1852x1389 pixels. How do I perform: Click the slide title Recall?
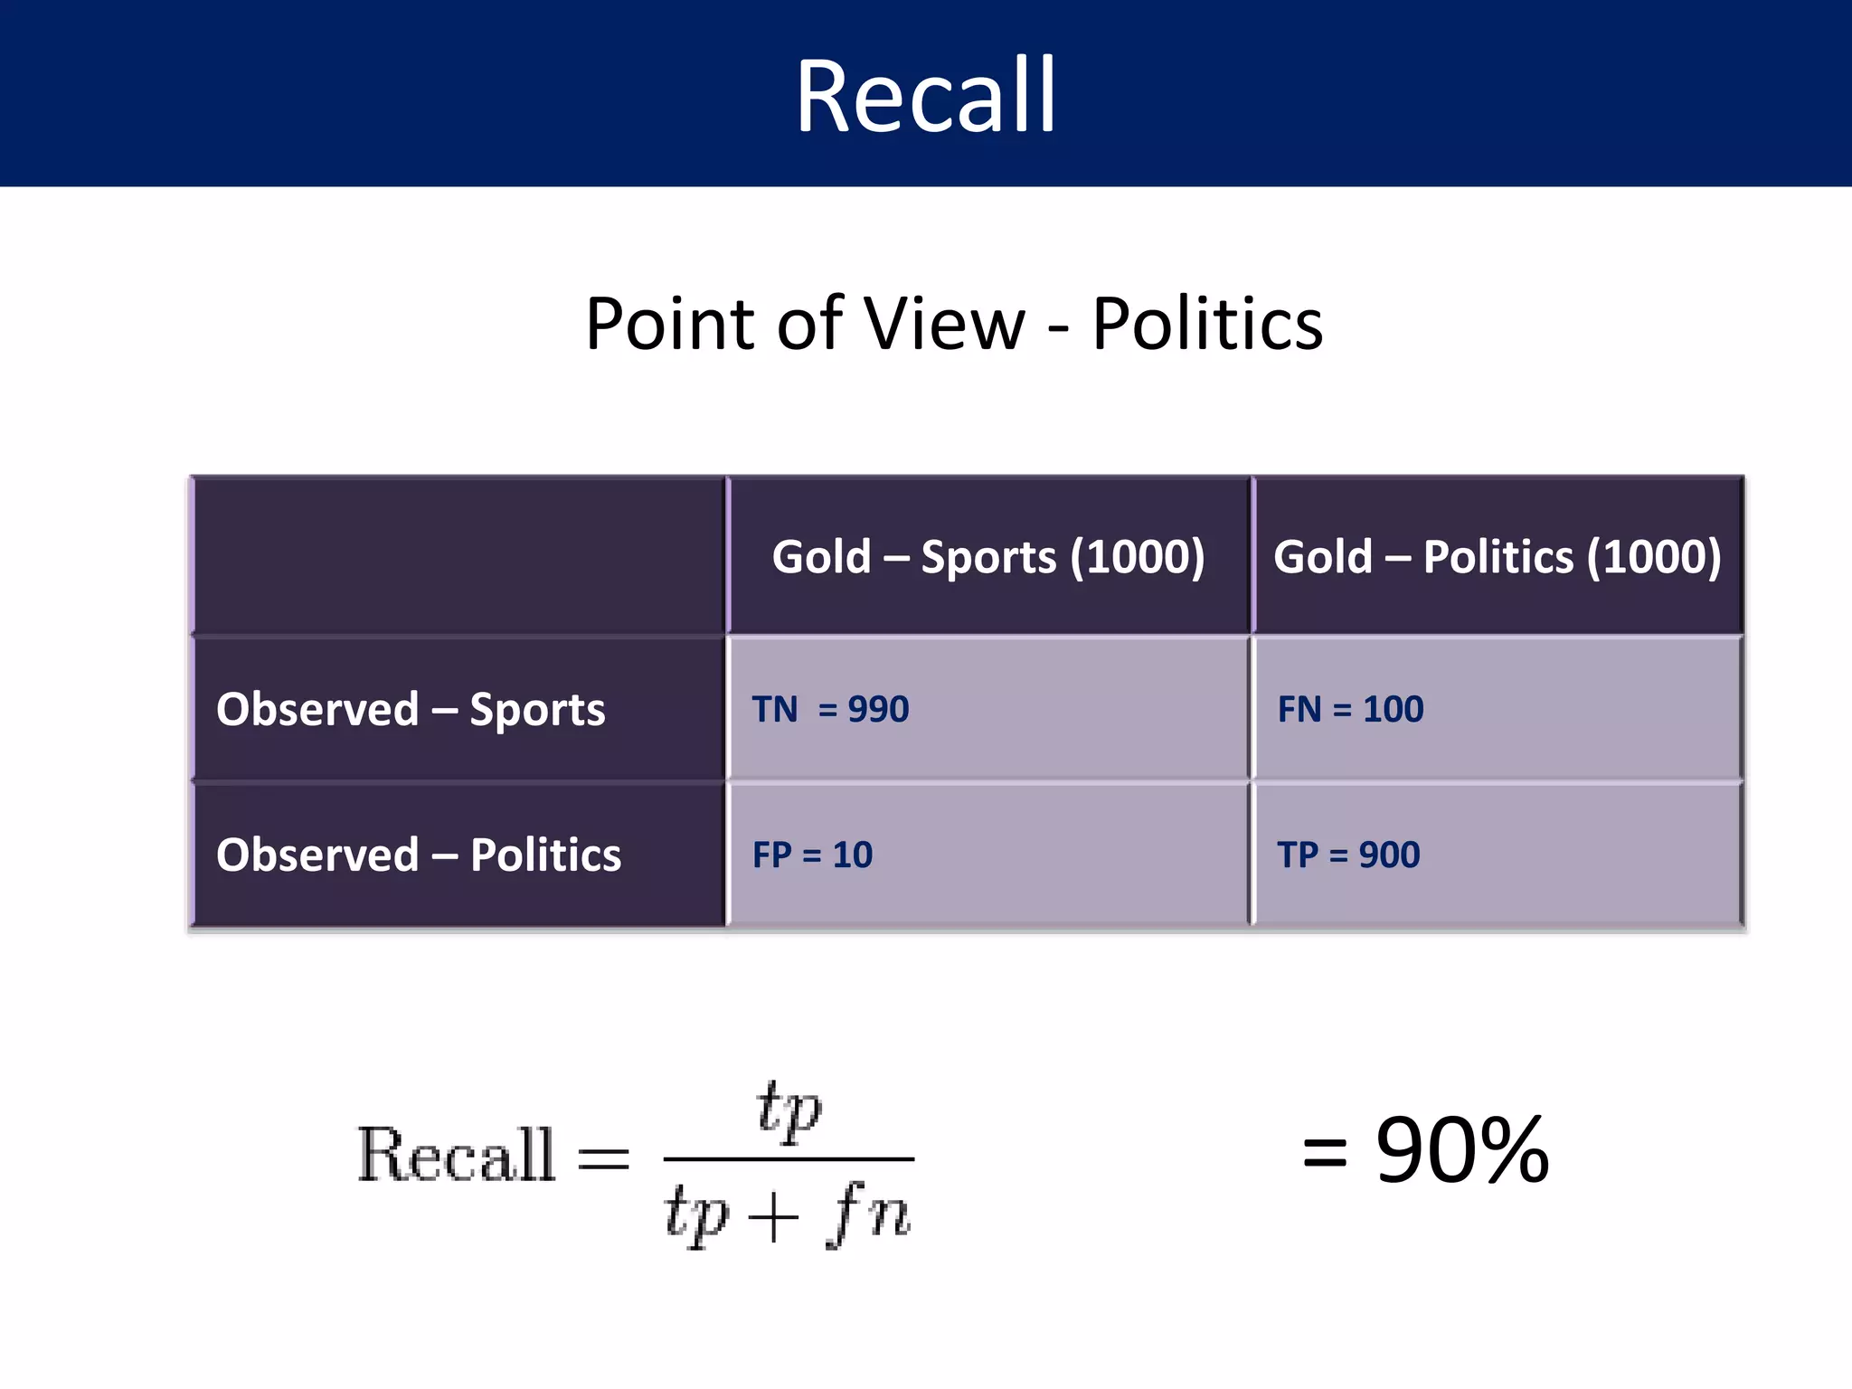[926, 95]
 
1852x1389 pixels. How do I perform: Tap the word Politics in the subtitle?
[1207, 324]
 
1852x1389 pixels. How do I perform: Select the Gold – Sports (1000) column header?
[988, 556]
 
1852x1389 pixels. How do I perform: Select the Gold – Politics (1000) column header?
[1498, 556]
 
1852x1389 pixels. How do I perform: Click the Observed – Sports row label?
[411, 709]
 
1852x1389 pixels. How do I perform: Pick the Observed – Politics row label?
[419, 855]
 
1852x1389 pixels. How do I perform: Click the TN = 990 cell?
[830, 709]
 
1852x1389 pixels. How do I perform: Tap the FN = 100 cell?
[1350, 709]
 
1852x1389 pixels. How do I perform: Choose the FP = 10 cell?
[812, 855]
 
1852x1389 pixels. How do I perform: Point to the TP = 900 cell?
[1348, 855]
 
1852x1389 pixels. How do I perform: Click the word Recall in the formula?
[456, 1155]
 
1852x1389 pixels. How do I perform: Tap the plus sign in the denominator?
[773, 1216]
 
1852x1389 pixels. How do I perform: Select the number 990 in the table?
[878, 709]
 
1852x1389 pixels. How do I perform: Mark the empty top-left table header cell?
[459, 555]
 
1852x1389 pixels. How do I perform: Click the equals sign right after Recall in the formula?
[603, 1157]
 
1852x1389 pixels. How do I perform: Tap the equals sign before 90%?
[1325, 1153]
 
